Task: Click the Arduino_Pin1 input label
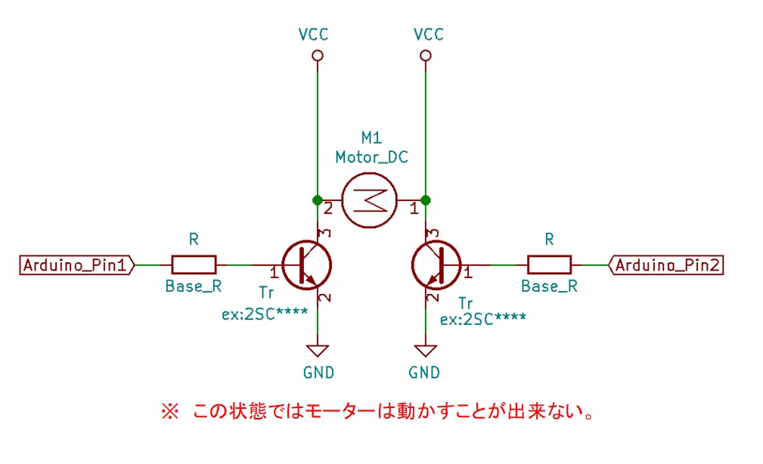[x=76, y=265]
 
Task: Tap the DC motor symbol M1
[x=368, y=200]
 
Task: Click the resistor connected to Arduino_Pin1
[x=194, y=264]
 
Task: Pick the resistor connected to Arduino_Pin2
[x=549, y=264]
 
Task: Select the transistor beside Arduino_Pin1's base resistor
[x=306, y=265]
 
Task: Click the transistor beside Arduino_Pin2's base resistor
[x=436, y=265]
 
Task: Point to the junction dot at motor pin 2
[x=317, y=200]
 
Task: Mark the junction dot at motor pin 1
[x=426, y=200]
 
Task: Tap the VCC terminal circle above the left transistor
[x=317, y=56]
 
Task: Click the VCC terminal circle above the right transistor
[x=426, y=56]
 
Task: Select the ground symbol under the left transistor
[x=317, y=351]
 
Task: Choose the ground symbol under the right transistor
[x=426, y=351]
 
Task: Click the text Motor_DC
[x=371, y=157]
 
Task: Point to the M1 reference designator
[x=371, y=138]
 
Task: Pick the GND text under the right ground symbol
[x=424, y=373]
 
